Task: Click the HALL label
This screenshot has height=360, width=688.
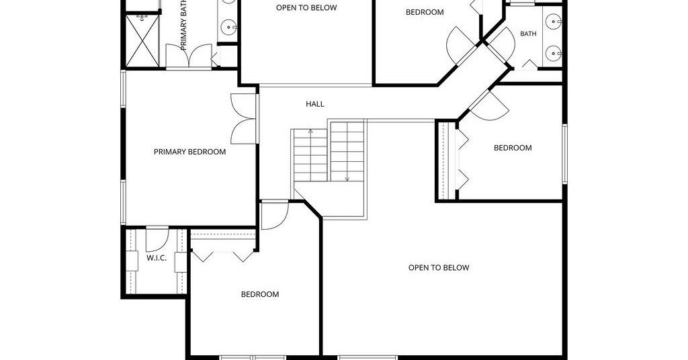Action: click(314, 104)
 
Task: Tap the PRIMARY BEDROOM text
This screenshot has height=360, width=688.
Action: click(189, 152)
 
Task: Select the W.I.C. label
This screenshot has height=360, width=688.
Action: click(156, 258)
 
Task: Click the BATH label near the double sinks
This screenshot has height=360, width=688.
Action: click(528, 34)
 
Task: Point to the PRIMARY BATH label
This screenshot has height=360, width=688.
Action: click(184, 25)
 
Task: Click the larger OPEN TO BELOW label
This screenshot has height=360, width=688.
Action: click(439, 267)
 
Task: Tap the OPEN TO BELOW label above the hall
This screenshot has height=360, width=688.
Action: click(306, 7)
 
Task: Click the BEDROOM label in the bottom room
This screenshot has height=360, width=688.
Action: click(260, 294)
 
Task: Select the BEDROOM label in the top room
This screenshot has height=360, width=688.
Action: click(425, 12)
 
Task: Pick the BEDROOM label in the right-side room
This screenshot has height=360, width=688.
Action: click(513, 148)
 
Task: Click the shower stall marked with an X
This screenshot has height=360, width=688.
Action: click(142, 41)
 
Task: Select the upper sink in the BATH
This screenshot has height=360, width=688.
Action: click(554, 21)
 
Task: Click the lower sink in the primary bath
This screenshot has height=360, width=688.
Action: click(228, 28)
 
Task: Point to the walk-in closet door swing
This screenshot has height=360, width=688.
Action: click(157, 239)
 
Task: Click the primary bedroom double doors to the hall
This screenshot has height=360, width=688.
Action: click(243, 118)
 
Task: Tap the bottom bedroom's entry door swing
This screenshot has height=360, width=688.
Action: click(275, 215)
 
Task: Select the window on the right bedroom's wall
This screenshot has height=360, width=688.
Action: click(564, 154)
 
